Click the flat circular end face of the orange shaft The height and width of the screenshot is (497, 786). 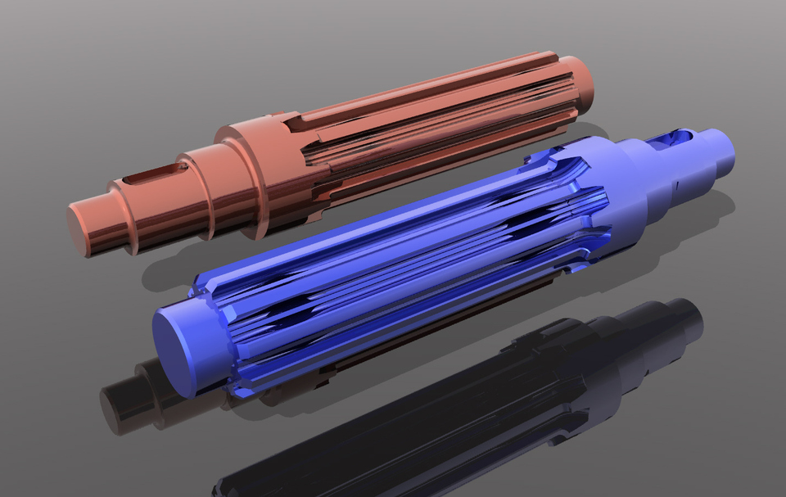point(88,228)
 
